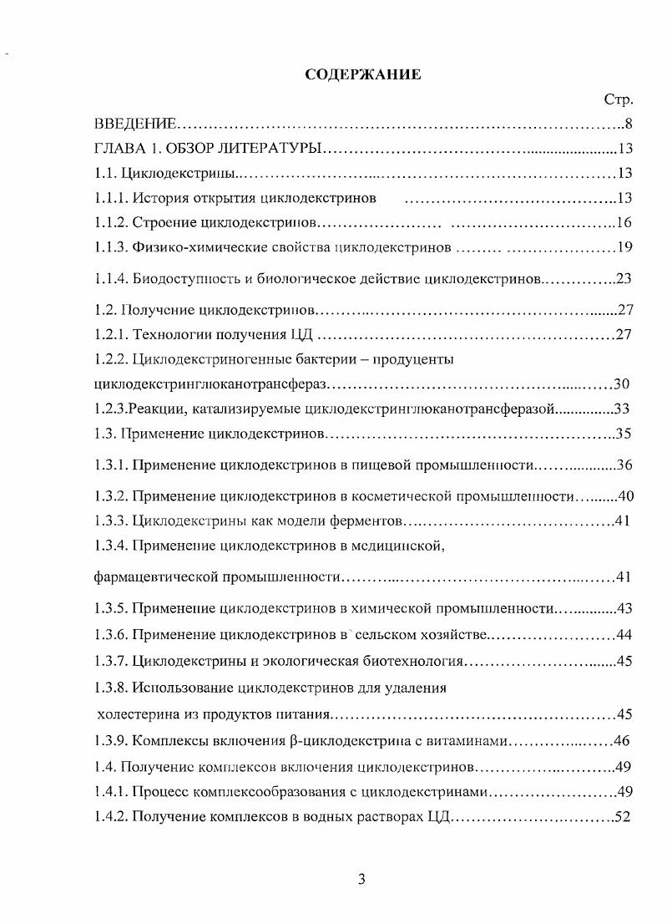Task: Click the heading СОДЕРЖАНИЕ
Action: coord(363,74)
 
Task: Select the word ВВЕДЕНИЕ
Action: coord(134,125)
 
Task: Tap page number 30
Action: coord(620,384)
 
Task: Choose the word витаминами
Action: coord(466,741)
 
